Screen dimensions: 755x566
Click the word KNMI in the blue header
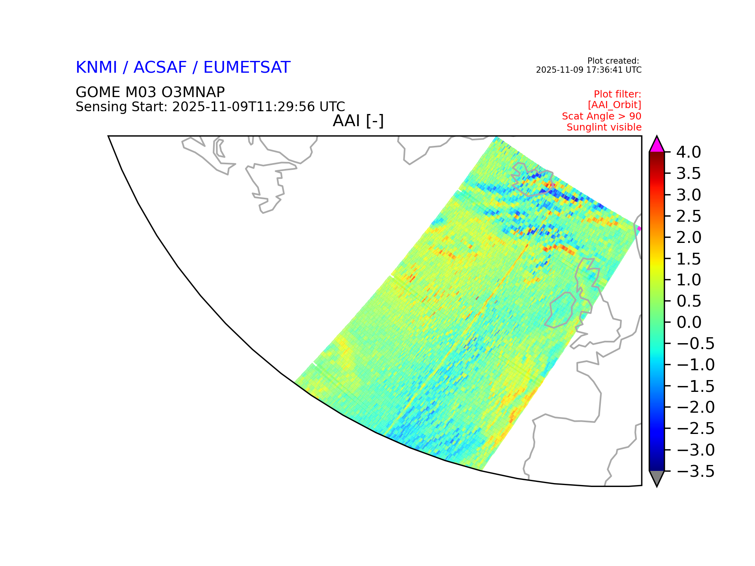[96, 68]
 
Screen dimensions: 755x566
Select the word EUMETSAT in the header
[247, 68]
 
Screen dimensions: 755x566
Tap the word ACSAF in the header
[160, 68]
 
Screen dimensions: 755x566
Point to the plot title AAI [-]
[358, 121]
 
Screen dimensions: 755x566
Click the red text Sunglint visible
[604, 127]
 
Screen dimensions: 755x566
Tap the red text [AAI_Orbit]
[615, 105]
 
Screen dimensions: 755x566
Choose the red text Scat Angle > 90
[602, 116]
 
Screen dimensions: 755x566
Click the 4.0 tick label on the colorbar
[689, 152]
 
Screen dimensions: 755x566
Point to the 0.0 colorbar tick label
[689, 322]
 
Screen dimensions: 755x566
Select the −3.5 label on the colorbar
[695, 471]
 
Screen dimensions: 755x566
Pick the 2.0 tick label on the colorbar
[689, 237]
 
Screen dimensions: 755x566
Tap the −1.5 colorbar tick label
[695, 386]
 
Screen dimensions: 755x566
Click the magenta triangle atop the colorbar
[657, 145]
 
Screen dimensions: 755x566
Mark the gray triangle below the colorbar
[657, 477]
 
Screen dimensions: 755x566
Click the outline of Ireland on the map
[551, 311]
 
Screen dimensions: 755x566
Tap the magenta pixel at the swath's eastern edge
[639, 228]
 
